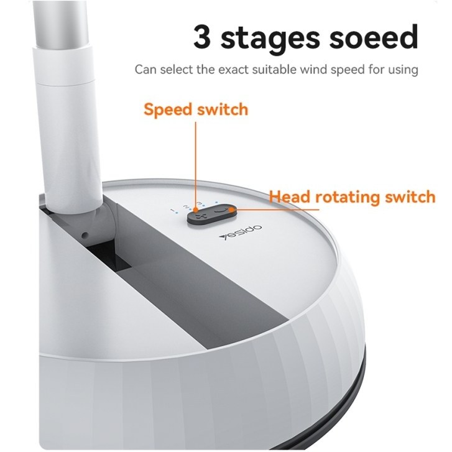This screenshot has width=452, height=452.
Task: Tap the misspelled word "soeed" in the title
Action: tap(374, 37)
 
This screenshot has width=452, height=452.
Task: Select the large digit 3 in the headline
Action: tap(202, 37)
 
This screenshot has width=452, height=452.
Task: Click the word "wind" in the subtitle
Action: tap(313, 70)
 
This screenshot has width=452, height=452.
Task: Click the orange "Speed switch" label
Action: tap(196, 109)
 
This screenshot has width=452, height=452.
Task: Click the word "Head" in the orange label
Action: tap(290, 196)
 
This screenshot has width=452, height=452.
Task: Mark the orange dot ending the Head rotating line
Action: tap(231, 210)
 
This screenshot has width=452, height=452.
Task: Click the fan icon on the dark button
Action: tap(198, 216)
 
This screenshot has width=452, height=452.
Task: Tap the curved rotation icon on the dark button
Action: tap(221, 210)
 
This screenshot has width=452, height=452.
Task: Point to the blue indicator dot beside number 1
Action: tap(176, 214)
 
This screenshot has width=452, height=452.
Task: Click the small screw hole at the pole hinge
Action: tap(85, 235)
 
